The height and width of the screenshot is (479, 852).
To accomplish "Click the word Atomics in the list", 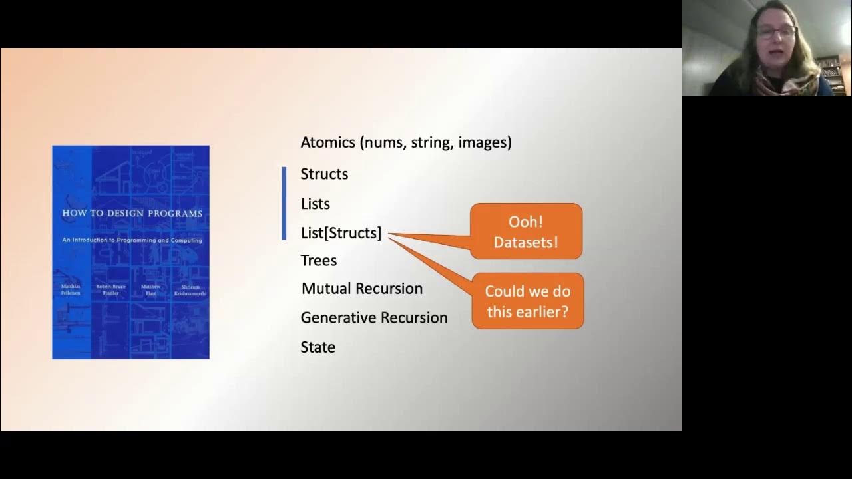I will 327,142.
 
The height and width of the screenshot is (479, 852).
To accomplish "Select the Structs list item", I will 324,174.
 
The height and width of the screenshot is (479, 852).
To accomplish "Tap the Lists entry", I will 316,204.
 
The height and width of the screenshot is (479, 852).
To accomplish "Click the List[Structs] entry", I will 341,233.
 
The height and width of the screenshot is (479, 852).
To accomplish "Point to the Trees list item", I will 319,261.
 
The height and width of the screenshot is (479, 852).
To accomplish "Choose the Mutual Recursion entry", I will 362,289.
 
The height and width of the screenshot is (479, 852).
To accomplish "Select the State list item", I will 318,347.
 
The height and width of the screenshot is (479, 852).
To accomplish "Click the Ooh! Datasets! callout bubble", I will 526,232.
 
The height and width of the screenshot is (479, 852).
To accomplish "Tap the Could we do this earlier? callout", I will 527,301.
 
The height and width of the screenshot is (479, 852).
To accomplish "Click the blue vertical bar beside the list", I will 284,203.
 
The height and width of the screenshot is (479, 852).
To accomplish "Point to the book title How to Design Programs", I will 132,214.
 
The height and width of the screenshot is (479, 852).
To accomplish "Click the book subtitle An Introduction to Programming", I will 132,240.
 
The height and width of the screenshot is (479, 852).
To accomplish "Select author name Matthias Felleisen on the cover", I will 71,289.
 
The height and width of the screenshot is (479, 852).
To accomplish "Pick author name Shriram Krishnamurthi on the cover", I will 190,289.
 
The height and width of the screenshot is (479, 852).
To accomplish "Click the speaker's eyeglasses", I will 775,32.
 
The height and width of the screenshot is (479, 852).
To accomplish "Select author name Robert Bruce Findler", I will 110,289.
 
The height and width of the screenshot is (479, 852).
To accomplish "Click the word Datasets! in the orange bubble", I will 526,242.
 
